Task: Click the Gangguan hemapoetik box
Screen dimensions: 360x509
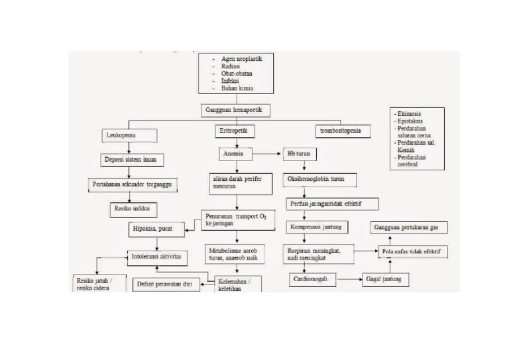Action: (236, 110)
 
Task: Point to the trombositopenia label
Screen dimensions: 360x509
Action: (340, 131)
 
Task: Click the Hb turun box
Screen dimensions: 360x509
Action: (300, 154)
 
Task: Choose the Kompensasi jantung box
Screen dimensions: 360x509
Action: (315, 227)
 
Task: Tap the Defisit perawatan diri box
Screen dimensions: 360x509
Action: (166, 284)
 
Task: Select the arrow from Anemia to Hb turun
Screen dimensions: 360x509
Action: (268, 154)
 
